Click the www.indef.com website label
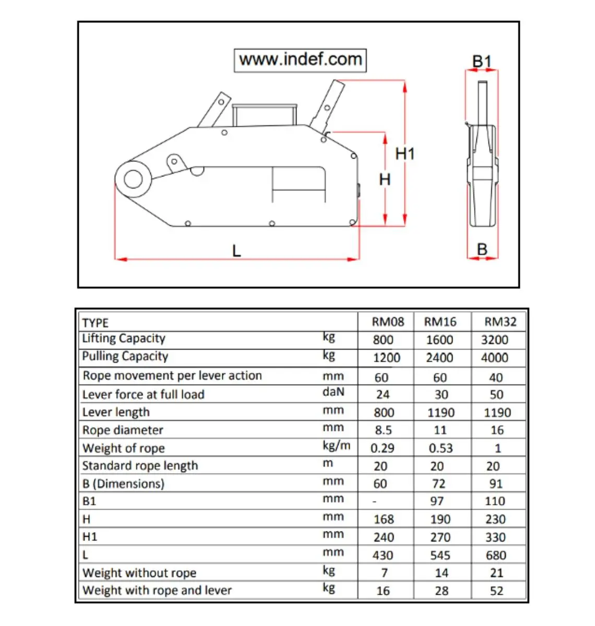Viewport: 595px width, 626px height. click(300, 59)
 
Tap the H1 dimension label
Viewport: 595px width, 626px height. click(404, 154)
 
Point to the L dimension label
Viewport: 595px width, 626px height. click(236, 251)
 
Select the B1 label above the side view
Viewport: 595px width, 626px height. click(482, 62)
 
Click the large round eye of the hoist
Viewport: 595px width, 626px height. click(133, 179)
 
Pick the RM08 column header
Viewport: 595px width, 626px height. click(387, 322)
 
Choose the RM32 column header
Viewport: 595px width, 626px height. click(500, 322)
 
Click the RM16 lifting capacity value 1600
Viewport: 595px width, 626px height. click(439, 340)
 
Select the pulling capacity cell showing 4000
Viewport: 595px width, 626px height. click(494, 358)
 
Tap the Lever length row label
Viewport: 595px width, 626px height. click(116, 412)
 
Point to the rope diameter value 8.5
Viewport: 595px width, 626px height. click(383, 430)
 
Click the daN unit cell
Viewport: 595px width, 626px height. click(333, 392)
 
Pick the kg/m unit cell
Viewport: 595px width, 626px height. click(336, 446)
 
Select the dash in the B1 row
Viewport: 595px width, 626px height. click(374, 501)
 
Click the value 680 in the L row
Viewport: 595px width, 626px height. click(495, 556)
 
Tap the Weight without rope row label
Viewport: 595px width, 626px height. click(139, 573)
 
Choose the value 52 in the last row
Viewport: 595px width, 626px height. click(496, 591)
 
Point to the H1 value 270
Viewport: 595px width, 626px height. click(440, 537)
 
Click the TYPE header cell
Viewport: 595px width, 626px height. click(96, 322)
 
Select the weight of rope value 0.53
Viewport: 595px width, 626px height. click(441, 448)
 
